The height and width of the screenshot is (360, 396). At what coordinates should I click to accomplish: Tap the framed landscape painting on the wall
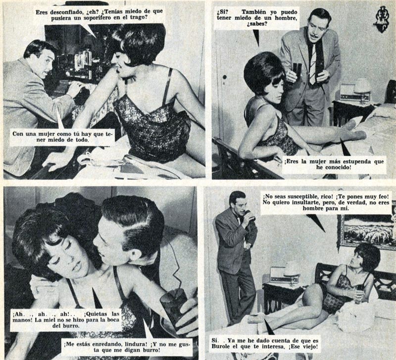[367, 229]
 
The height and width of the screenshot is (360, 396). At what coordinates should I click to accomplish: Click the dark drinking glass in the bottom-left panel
[174, 305]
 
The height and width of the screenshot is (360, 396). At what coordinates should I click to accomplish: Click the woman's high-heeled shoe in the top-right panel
[353, 125]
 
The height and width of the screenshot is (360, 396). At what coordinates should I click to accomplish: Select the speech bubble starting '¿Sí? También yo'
[257, 18]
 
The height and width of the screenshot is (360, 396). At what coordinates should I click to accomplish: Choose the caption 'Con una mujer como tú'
[62, 137]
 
